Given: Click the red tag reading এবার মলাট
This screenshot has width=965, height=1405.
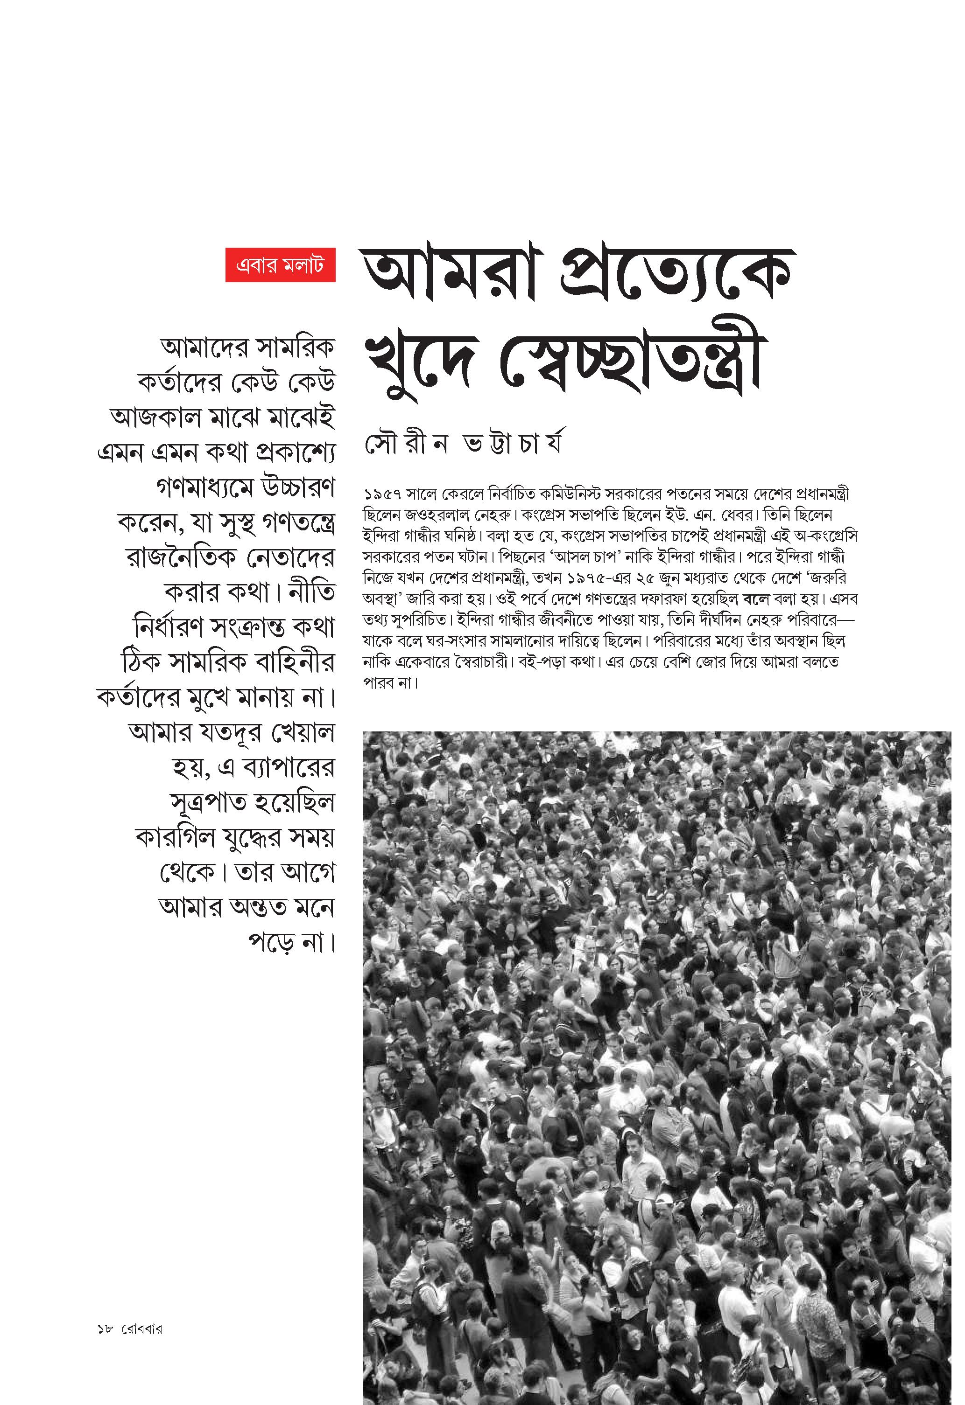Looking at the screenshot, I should coord(280,265).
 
